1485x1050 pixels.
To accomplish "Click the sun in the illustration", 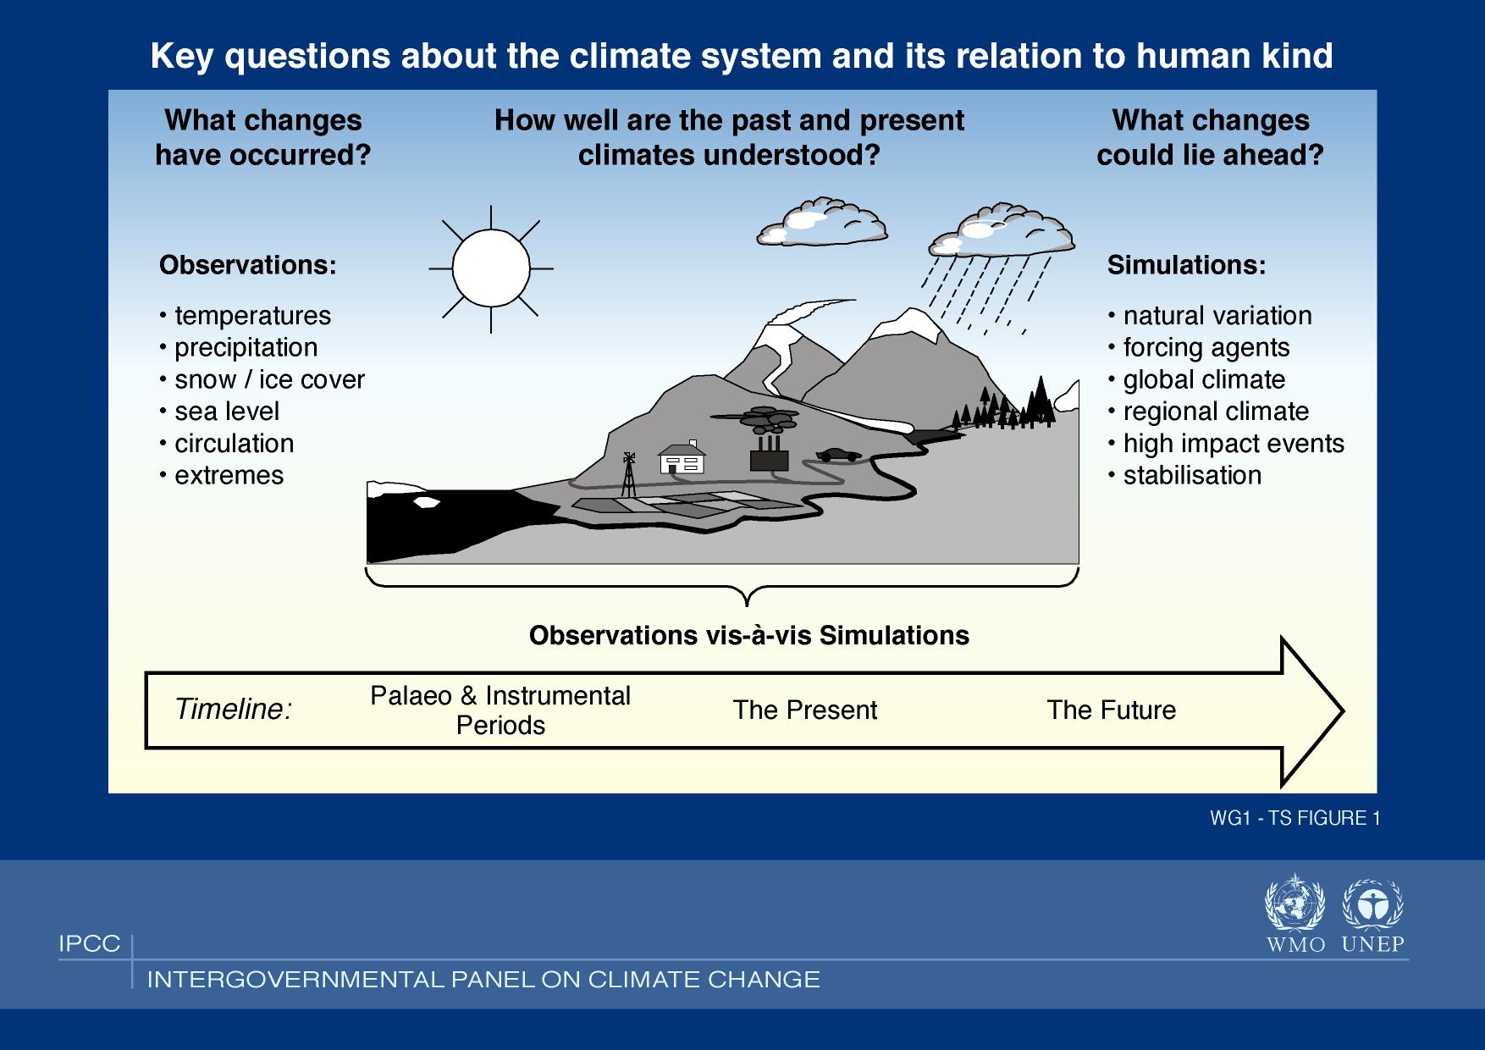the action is coord(491,268).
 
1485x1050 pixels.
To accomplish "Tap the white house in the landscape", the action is coord(682,458).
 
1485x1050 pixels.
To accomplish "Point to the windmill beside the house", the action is coord(628,474).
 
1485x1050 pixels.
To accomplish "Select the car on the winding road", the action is coord(838,455).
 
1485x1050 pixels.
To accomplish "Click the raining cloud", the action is coord(1002,229).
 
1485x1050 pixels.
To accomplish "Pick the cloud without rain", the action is coord(821,220).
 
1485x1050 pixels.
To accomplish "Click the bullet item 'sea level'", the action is coord(219,412).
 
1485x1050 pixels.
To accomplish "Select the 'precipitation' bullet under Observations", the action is coord(239,348).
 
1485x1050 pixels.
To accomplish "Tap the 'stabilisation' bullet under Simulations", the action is coord(1184,475).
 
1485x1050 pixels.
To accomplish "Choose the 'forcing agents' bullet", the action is coord(1199,348).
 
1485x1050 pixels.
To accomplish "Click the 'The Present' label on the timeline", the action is coord(804,710).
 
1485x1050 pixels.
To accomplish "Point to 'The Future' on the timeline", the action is coord(1112,710).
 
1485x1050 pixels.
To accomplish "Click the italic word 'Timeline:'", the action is coord(233,710).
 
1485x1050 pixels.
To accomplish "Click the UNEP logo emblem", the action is coord(1373,904).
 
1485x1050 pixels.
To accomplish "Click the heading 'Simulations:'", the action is coord(1187,265).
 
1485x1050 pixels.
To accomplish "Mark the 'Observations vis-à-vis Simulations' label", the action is coord(749,635).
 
